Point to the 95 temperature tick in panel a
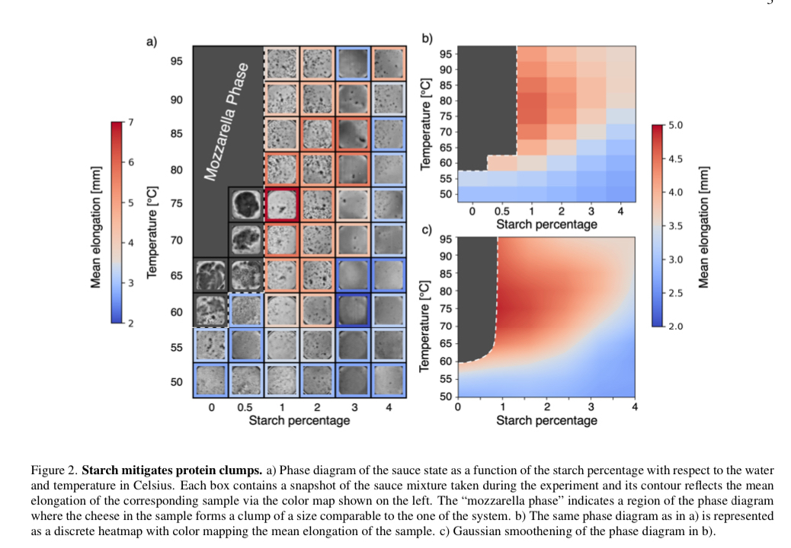(177, 61)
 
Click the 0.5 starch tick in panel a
(246, 408)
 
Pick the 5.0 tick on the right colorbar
(674, 125)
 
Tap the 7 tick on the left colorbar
(130, 123)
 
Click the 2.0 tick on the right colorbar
(674, 326)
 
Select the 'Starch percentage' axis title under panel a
(299, 421)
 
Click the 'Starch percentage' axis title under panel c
(546, 420)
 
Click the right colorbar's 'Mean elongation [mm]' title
(704, 225)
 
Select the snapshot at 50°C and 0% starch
(211, 381)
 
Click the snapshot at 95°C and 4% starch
(389, 64)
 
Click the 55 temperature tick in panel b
(447, 178)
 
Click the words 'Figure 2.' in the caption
(56, 470)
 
